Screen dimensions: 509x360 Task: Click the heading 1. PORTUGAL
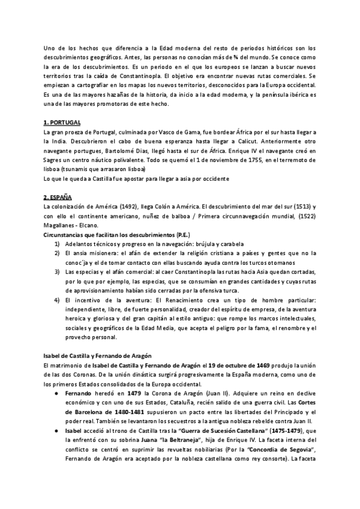point(63,122)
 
